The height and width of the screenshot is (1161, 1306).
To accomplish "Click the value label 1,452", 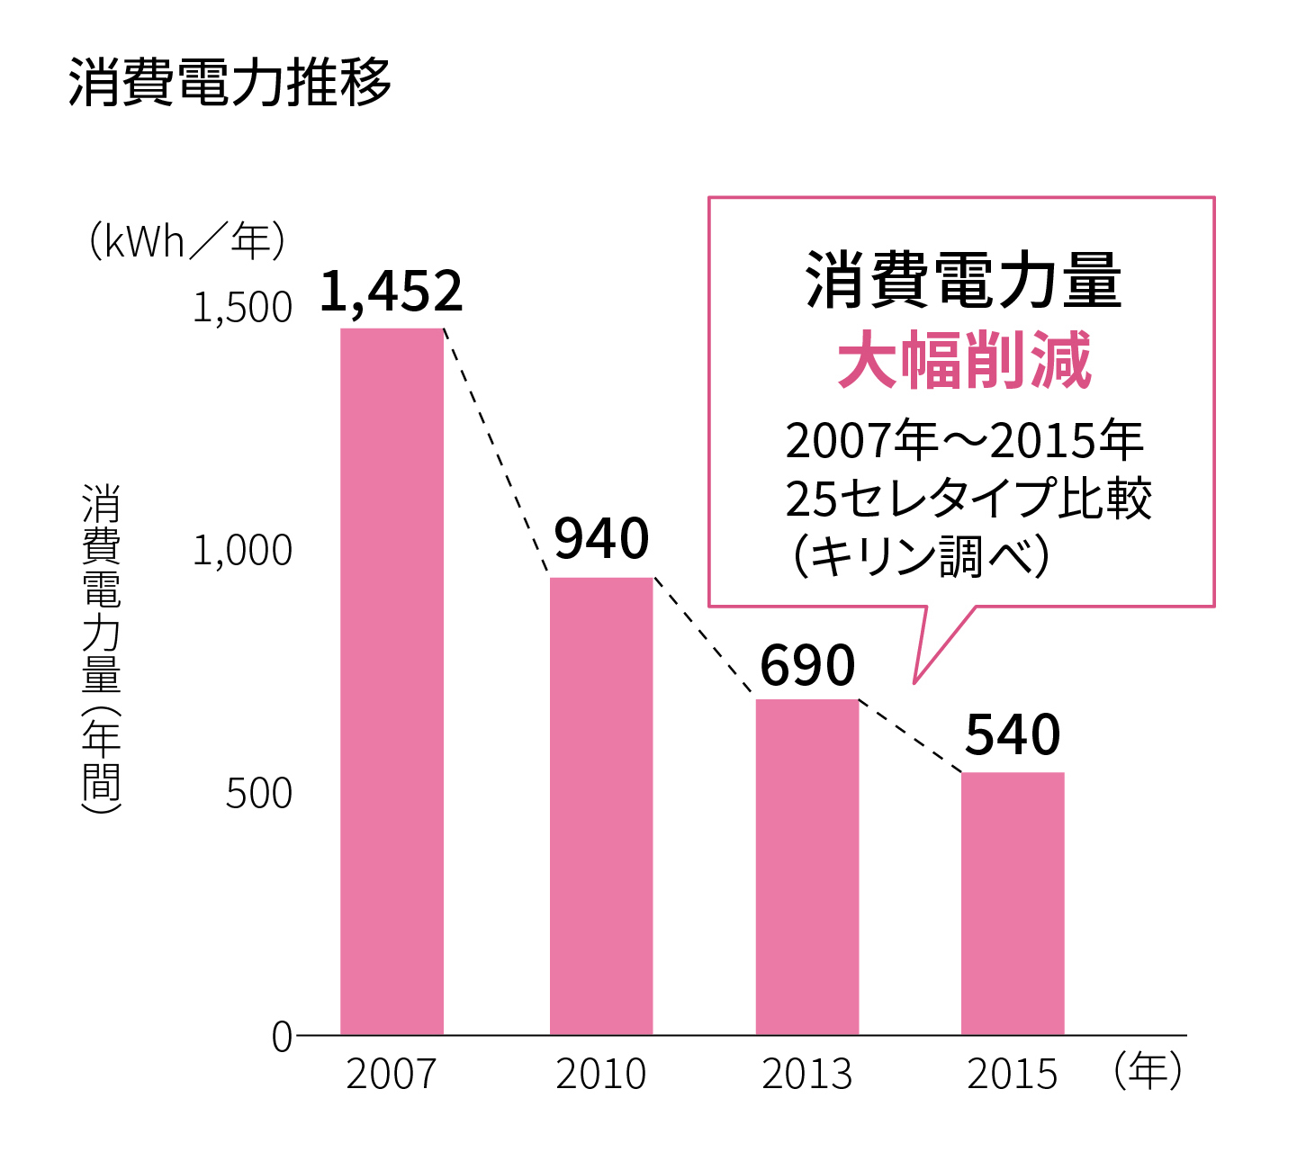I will (x=392, y=292).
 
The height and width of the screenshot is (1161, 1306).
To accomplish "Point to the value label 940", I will (x=601, y=539).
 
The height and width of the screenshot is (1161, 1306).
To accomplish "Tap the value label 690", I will (x=807, y=666).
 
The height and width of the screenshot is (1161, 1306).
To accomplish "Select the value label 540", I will (x=1013, y=735).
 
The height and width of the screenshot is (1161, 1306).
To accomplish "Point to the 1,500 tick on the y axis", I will (x=243, y=308).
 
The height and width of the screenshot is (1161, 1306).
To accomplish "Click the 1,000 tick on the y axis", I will (x=243, y=551).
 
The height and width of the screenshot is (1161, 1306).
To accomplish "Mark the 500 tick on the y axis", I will (x=258, y=794).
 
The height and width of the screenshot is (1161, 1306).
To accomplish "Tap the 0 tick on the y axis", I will (x=282, y=1038).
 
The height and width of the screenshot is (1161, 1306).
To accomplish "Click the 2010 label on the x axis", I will (x=601, y=1074).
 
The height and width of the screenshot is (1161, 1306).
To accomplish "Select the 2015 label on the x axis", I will (x=1013, y=1074).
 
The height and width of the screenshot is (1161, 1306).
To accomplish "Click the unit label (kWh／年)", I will (x=186, y=241).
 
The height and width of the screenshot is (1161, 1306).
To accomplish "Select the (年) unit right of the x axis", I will (x=1148, y=1071).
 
